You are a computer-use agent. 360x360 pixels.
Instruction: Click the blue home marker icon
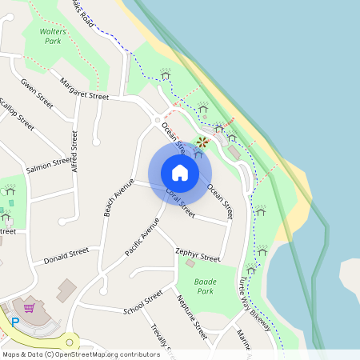pyautogui.click(x=180, y=173)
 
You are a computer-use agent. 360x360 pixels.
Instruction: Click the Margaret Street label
pyautogui.click(x=84, y=89)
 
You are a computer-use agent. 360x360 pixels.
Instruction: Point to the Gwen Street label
pyautogui.click(x=37, y=94)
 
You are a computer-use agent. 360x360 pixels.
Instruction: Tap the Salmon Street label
pyautogui.click(x=49, y=165)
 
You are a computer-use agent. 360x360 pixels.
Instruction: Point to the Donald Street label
pyautogui.click(x=66, y=256)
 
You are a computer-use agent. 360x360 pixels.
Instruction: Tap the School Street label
pyautogui.click(x=143, y=302)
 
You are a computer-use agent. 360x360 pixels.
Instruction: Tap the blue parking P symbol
pyautogui.click(x=14, y=323)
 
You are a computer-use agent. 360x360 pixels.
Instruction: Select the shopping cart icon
pyautogui.click(x=29, y=308)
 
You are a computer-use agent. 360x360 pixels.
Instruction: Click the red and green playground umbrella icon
pyautogui.click(x=202, y=143)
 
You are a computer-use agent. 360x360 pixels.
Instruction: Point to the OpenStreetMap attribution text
pyautogui.click(x=81, y=354)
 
